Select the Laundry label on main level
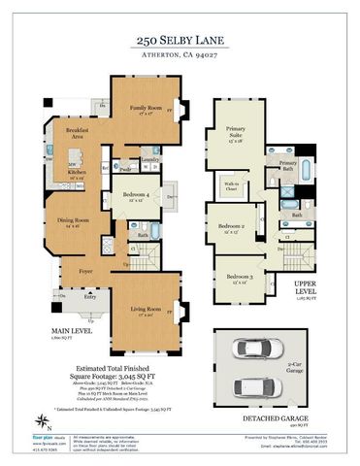[149, 159]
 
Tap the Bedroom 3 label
[240, 278]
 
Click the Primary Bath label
[288, 165]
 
